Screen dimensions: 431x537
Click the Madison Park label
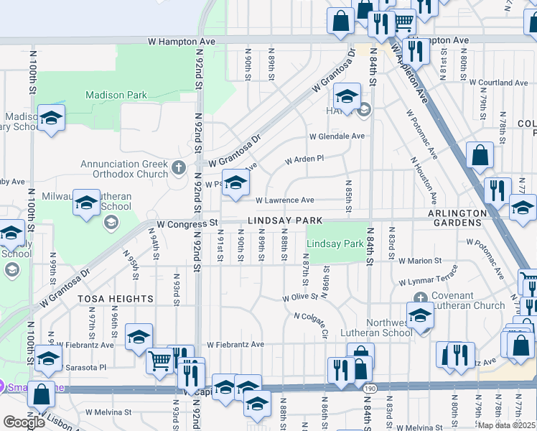pos(116,95)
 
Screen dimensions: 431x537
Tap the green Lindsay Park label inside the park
pos(335,244)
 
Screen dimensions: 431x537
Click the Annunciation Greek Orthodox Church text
pos(124,169)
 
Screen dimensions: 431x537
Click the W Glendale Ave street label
pos(337,136)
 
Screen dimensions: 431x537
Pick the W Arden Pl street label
pos(304,159)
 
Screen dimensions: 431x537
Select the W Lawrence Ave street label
pos(285,200)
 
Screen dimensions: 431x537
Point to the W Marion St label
pos(421,261)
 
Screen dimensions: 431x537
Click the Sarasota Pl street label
pos(83,366)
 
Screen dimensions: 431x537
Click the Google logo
pos(24,422)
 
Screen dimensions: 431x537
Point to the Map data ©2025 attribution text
pos(506,425)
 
